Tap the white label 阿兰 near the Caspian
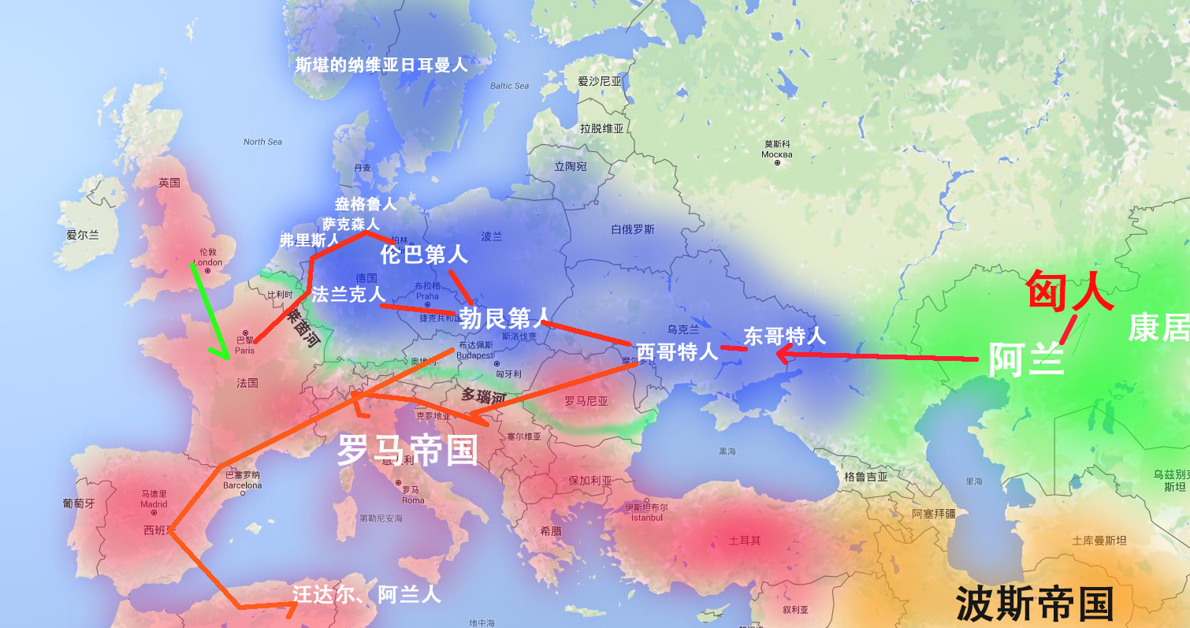1026,360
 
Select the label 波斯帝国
1034,604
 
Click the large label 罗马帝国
407,450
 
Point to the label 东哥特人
785,336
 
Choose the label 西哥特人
677,351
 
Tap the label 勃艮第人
504,318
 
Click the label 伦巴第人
424,255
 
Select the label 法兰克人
348,295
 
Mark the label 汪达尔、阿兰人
366,594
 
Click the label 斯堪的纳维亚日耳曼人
381,65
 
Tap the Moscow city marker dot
778,163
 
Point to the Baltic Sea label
509,86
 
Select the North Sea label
262,142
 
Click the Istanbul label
646,517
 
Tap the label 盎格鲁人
366,204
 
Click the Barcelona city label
242,485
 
